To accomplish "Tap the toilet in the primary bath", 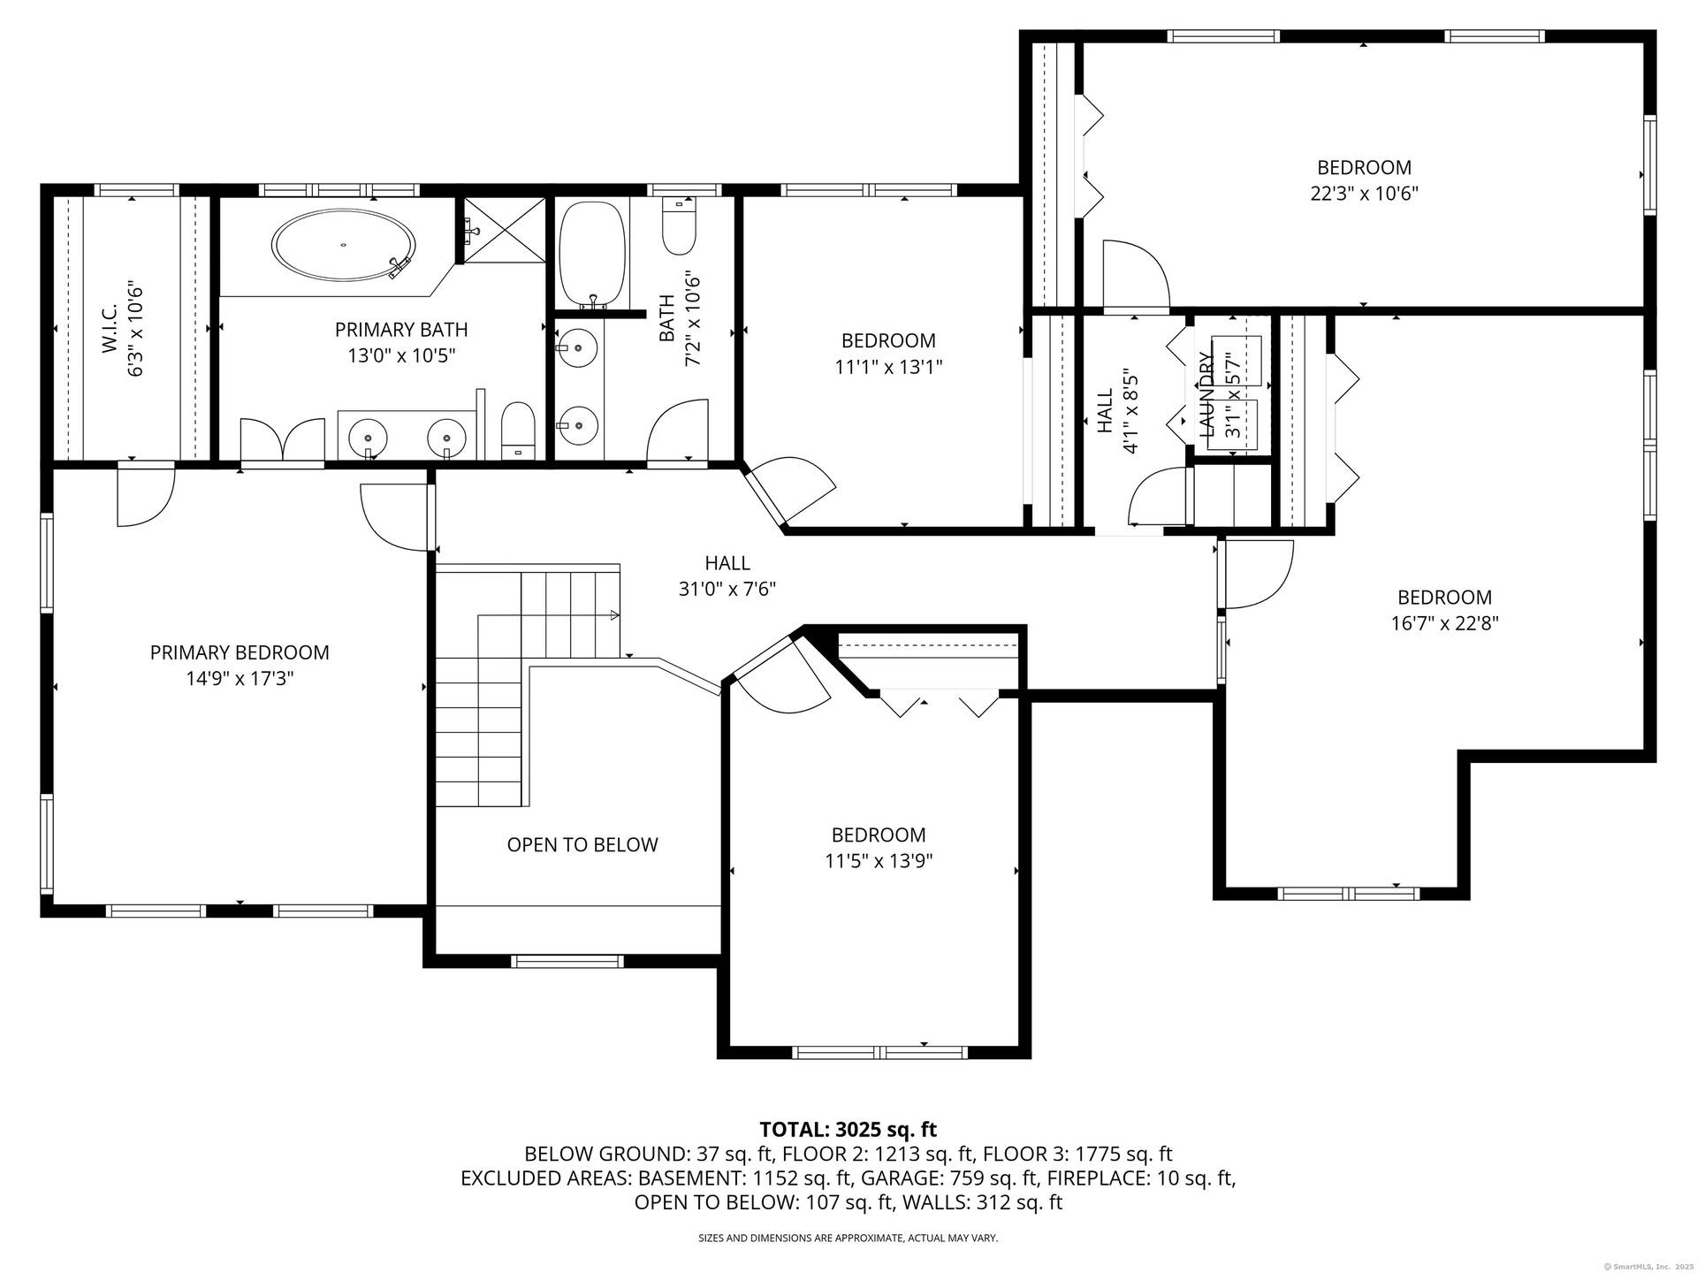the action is (x=518, y=431).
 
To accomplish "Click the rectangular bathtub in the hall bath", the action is (x=592, y=255).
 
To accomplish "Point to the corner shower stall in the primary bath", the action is (x=504, y=230).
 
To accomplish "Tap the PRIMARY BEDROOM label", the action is (x=240, y=652).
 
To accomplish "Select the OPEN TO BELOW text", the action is (x=582, y=845).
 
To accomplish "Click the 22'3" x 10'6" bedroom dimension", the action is (x=1364, y=193).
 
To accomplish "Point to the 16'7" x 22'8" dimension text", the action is (x=1444, y=623).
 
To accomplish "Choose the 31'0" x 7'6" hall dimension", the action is (x=727, y=589).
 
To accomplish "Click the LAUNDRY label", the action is (x=1206, y=393).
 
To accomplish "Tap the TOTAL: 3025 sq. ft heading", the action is (x=848, y=1129).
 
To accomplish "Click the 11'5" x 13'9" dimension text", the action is (x=879, y=861).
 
